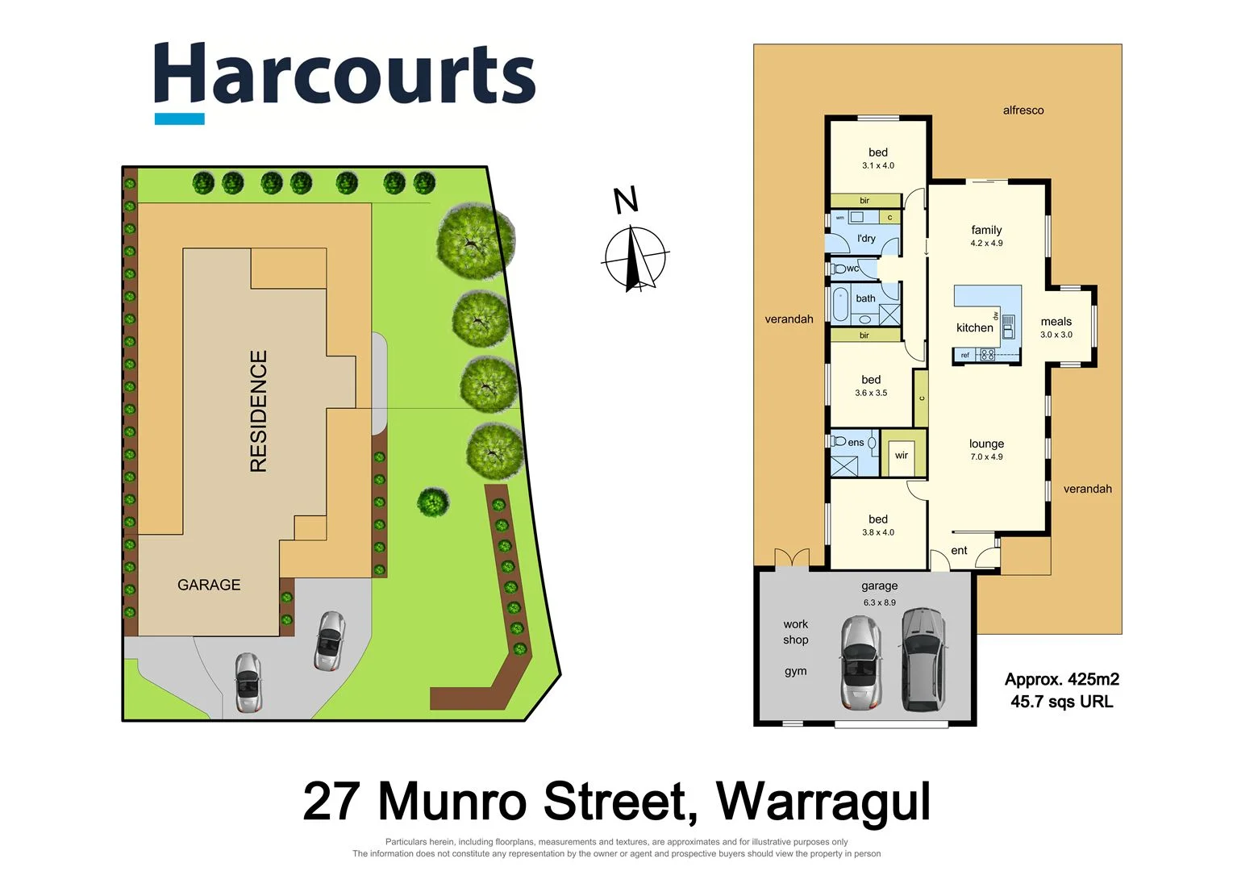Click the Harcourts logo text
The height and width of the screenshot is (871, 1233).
344,74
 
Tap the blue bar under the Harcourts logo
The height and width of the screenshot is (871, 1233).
179,119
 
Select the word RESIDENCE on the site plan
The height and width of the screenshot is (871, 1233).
258,411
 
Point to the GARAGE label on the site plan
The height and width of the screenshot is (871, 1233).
209,585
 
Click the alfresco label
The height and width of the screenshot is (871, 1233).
1023,110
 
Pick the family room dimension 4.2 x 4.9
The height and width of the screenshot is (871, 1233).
986,244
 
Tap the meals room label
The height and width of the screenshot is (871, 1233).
1056,321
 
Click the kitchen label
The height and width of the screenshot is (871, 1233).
974,327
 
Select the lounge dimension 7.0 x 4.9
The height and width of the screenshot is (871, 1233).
986,457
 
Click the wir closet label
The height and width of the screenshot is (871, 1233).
902,456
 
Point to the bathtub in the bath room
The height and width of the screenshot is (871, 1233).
840,304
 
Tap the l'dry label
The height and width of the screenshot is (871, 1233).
866,239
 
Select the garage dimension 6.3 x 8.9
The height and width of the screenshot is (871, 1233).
879,602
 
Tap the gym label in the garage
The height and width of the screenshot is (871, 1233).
795,671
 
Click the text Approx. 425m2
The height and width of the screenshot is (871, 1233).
1061,680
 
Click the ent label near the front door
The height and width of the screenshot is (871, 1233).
959,551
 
